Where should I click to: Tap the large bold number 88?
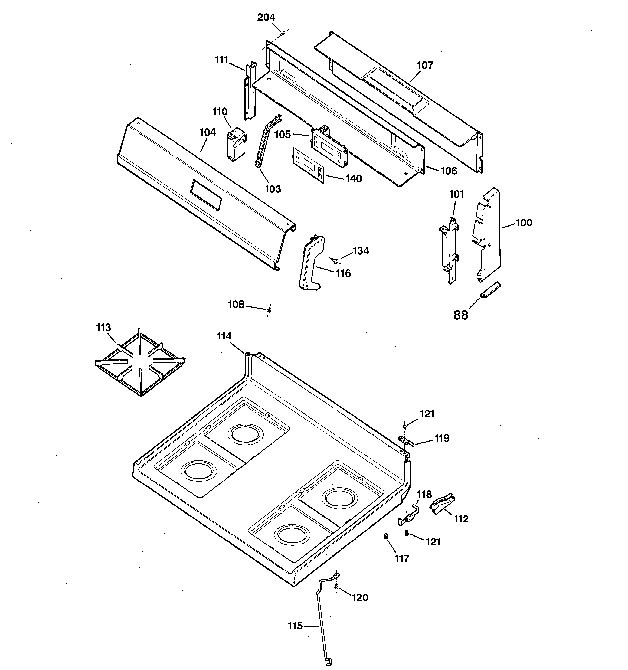pyautogui.click(x=460, y=315)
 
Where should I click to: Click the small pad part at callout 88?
pyautogui.click(x=490, y=290)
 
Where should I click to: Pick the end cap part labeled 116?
pyautogui.click(x=311, y=263)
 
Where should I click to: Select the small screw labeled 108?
pyautogui.click(x=269, y=309)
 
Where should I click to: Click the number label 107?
pyautogui.click(x=425, y=65)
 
